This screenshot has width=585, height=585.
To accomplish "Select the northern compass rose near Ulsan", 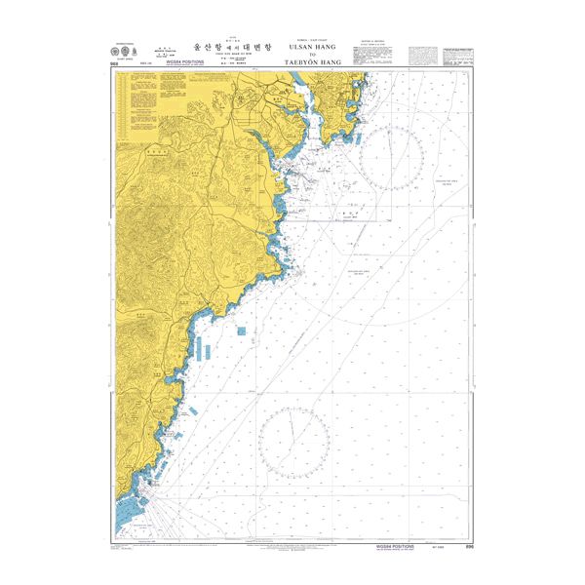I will point(390,158).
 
